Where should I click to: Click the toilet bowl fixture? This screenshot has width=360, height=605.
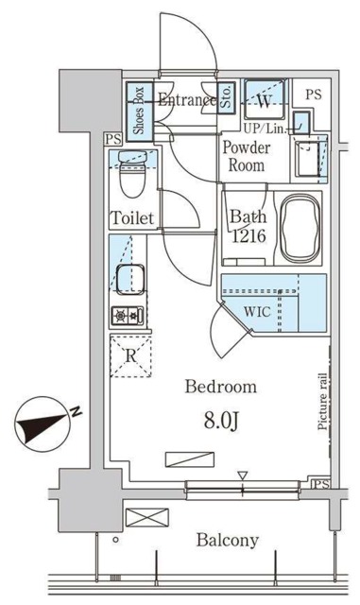tap(132, 173)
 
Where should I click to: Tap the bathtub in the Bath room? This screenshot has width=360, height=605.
tap(300, 229)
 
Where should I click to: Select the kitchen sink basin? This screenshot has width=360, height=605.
tap(130, 280)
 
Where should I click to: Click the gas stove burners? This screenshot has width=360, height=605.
tap(128, 316)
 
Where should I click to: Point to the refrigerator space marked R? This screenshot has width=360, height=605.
tap(130, 355)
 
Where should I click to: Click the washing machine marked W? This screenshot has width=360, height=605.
tap(265, 99)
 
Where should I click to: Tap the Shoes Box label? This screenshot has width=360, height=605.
tap(139, 111)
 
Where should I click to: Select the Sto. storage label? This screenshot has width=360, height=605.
tap(226, 97)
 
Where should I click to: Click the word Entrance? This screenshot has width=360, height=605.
tap(187, 100)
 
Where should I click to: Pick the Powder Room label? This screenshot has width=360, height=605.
tap(247, 157)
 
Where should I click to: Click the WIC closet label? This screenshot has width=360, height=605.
tap(257, 311)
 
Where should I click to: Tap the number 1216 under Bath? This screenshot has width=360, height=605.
tap(249, 235)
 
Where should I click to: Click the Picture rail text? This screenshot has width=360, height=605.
tap(322, 402)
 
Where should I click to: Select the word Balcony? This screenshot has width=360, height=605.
tap(228, 541)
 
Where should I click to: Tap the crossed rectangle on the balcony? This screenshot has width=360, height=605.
tap(147, 517)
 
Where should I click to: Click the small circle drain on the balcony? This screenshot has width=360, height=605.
tap(115, 540)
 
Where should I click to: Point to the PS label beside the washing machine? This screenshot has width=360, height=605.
tap(314, 95)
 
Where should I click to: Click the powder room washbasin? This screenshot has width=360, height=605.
tap(308, 158)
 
